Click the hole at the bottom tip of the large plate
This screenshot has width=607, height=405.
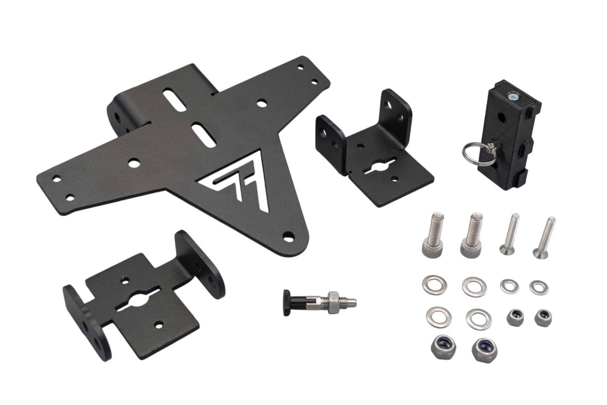(288, 236)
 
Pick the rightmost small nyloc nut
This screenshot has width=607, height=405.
(543, 317)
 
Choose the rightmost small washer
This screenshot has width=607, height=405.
(539, 287)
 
